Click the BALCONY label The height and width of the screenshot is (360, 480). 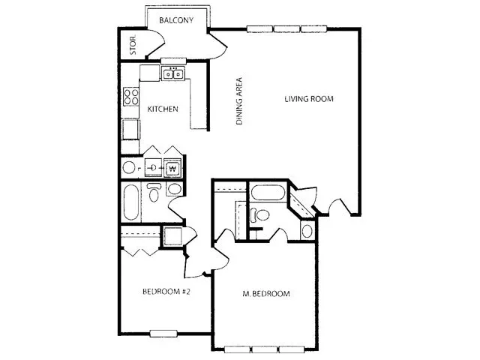[176, 20]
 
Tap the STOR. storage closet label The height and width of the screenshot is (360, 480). [133, 45]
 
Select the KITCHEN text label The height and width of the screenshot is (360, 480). [163, 109]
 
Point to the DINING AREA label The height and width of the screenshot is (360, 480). [239, 101]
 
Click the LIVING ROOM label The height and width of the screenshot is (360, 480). [309, 99]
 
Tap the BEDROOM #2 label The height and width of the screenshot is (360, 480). [166, 292]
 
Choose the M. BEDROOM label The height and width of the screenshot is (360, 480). [266, 294]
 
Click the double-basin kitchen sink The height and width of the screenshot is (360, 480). [173, 73]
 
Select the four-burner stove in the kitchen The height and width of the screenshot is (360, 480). [131, 97]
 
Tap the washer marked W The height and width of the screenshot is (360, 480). [173, 168]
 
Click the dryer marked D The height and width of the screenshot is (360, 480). [153, 168]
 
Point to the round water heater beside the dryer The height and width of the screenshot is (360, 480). [129, 168]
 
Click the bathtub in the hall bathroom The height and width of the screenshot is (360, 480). [131, 202]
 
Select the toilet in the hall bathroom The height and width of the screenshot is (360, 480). [153, 193]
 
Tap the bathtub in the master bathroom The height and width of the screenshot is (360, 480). [268, 193]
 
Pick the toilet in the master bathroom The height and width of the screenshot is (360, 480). [259, 214]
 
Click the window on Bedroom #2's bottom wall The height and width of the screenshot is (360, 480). [163, 333]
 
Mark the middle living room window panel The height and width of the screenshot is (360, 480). [286, 29]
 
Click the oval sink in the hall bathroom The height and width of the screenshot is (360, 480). [175, 189]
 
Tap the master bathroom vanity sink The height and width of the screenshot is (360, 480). [307, 231]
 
